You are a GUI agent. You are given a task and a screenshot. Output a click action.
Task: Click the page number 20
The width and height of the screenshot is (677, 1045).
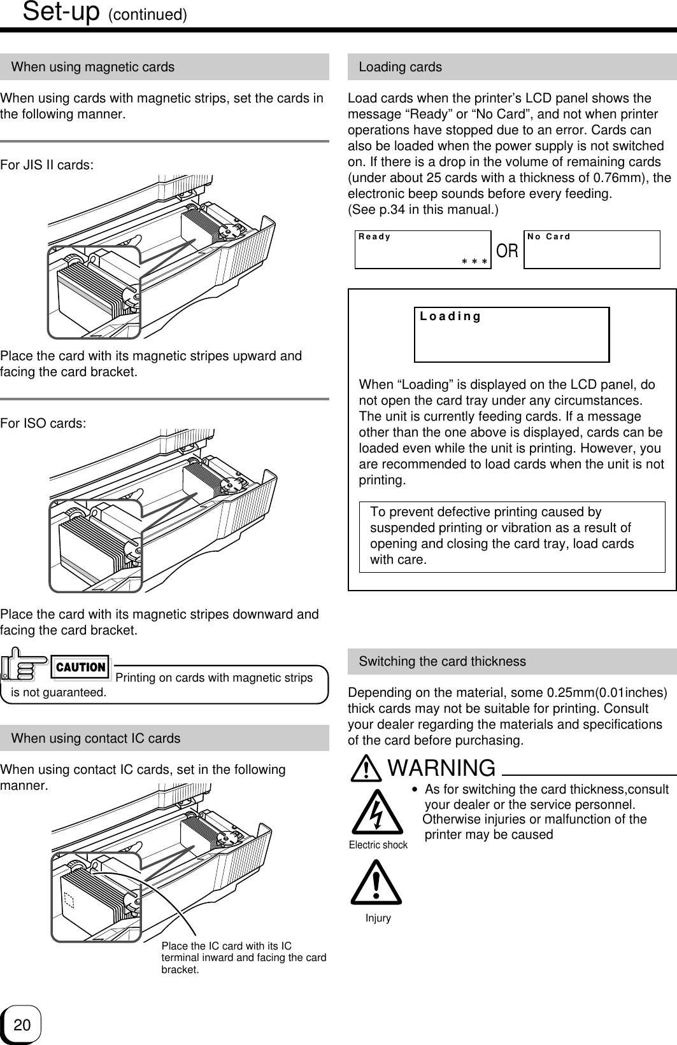[22, 1025]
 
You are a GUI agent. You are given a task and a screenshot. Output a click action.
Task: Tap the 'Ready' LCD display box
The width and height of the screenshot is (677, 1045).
[422, 249]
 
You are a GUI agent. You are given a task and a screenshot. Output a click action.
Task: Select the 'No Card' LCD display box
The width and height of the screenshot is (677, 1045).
[591, 249]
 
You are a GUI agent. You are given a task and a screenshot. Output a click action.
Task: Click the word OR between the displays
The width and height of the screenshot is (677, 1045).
[507, 251]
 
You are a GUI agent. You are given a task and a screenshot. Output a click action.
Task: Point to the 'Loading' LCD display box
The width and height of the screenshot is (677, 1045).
[511, 335]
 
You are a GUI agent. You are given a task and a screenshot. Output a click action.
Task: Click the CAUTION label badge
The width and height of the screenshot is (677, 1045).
[81, 667]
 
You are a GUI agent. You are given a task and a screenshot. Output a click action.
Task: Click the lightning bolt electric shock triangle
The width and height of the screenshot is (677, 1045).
[378, 812]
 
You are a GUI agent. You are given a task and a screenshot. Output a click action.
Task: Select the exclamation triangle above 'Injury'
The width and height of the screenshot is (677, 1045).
[376, 883]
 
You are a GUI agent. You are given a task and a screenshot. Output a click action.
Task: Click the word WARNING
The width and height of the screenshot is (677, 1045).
[441, 768]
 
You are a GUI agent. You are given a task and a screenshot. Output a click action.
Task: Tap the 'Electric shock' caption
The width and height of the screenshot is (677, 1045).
[378, 845]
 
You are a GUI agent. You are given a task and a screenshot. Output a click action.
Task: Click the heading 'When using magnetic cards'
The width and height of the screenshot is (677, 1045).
[93, 67]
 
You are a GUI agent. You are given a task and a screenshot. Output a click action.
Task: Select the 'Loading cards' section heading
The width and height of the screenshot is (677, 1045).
[400, 67]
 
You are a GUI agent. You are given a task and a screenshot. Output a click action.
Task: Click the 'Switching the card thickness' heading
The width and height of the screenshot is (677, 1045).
[442, 661]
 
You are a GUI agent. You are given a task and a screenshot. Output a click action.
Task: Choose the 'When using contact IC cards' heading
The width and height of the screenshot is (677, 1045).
[96, 738]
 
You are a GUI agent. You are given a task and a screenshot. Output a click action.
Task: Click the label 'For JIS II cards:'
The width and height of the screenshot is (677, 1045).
[47, 165]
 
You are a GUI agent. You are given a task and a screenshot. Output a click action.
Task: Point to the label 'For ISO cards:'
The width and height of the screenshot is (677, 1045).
[43, 423]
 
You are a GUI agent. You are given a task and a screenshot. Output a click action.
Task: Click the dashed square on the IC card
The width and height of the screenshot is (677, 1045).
[69, 899]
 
